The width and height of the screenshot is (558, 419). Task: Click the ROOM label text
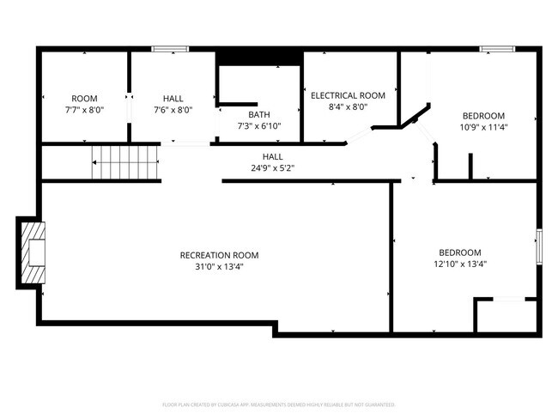tap(84, 99)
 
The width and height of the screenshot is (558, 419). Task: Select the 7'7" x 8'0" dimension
tap(84, 110)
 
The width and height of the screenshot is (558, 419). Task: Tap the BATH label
tap(258, 115)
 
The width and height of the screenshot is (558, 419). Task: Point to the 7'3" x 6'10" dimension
tap(258, 126)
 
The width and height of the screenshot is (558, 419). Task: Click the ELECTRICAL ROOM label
tap(348, 95)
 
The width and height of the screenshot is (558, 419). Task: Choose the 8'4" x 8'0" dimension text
tap(348, 107)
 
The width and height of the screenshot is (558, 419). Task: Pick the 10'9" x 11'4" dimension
tap(483, 127)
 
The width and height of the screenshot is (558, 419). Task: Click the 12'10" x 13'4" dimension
tap(459, 264)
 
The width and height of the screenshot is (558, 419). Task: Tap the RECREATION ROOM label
tap(219, 255)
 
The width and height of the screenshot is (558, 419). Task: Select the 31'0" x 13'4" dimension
tap(219, 266)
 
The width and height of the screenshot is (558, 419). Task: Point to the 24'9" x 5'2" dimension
tap(273, 167)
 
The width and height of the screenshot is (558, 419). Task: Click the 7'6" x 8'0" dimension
tap(173, 110)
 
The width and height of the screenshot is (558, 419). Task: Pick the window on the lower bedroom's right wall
tap(540, 246)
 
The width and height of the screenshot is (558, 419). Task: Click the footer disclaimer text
tap(278, 404)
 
